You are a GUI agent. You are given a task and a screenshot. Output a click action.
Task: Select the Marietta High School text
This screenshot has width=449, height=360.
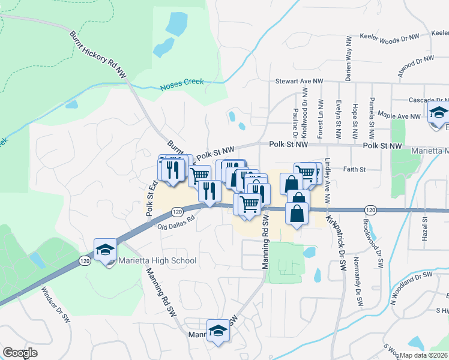coord(157,260)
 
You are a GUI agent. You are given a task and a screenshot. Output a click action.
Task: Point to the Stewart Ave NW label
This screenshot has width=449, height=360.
coord(299,81)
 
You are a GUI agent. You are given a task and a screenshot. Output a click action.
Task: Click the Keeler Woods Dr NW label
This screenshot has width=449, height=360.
coord(389,37)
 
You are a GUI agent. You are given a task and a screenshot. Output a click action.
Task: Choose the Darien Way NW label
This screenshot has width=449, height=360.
coord(348,58)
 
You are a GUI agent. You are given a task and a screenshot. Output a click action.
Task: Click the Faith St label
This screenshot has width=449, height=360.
coord(354,170)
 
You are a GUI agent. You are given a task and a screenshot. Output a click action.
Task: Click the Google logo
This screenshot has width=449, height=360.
coord(20,353)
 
